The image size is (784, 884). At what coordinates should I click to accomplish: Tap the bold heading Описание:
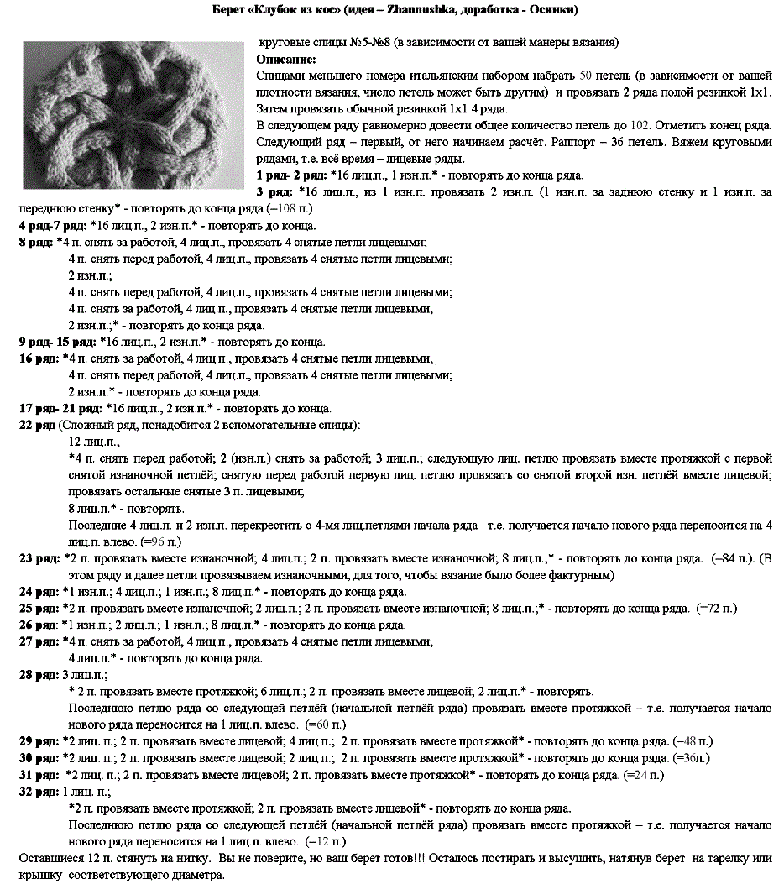tap(286, 60)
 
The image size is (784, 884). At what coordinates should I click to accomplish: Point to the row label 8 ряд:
tap(35, 243)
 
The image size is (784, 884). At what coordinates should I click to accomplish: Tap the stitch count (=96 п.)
tap(163, 542)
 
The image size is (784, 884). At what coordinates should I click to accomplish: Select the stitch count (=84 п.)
tap(733, 558)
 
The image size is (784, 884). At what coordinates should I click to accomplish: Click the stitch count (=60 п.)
tap(325, 724)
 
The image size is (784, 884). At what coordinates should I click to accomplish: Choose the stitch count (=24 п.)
tap(645, 774)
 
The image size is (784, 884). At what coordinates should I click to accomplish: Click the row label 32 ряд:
tap(39, 791)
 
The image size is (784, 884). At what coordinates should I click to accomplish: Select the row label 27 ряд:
tap(39, 641)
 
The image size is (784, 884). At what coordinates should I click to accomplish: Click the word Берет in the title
tap(229, 10)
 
